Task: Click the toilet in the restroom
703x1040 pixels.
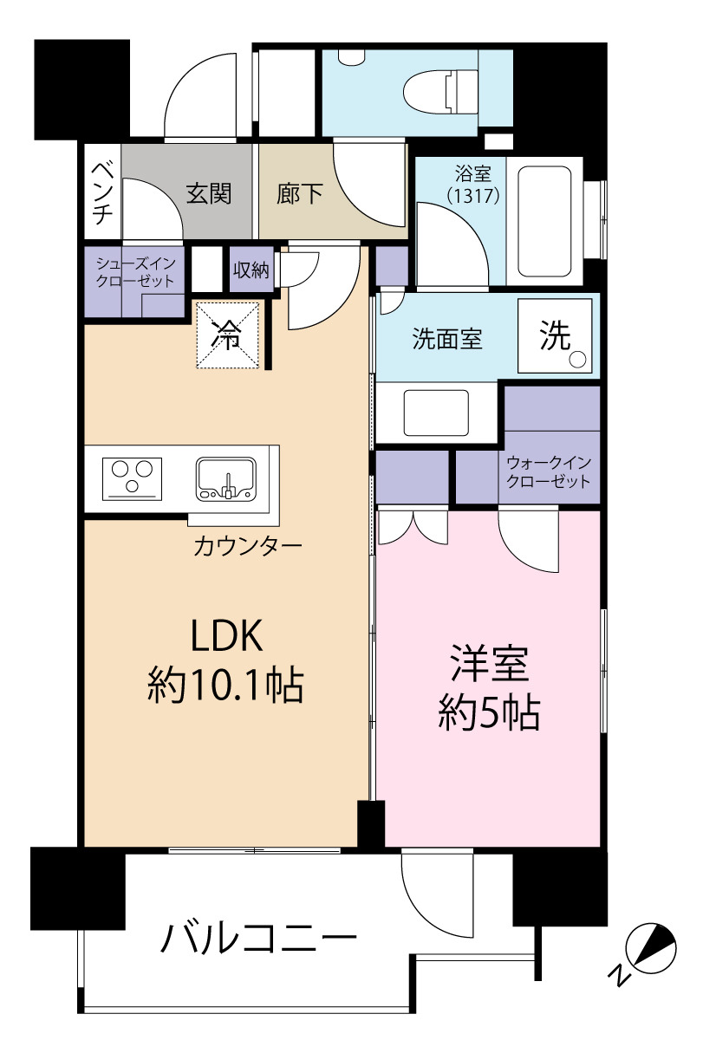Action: pos(440,91)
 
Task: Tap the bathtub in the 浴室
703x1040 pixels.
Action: pos(544,221)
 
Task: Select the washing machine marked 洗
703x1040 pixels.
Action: pos(555,335)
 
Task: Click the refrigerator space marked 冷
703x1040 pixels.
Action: pos(227,335)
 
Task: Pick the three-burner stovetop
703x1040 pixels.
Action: pos(133,478)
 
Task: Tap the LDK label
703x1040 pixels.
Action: pos(227,635)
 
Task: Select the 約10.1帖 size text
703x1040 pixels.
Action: pos(225,686)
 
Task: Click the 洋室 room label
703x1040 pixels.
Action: pos(490,664)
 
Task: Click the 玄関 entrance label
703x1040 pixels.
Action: pos(209,193)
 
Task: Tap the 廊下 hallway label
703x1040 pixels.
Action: pos(300,193)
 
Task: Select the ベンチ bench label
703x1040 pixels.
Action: pos(102,193)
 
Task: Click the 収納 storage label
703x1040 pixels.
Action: pos(251,270)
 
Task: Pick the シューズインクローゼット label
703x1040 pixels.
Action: pos(135,272)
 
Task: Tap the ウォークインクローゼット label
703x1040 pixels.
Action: pos(549,471)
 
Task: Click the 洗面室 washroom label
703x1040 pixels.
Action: pos(447,339)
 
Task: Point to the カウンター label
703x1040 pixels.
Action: pos(248,546)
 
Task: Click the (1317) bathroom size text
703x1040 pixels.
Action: pos(473,196)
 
